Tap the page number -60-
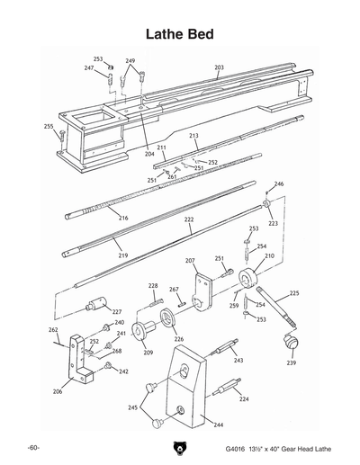(33, 447)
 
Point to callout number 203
(219, 67)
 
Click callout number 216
(123, 219)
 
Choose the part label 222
(189, 219)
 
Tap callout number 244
(219, 424)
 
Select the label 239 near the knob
(291, 363)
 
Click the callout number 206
(58, 392)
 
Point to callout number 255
(49, 127)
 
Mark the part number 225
(294, 293)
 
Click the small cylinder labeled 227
(94, 306)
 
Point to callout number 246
(279, 184)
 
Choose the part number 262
(53, 330)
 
